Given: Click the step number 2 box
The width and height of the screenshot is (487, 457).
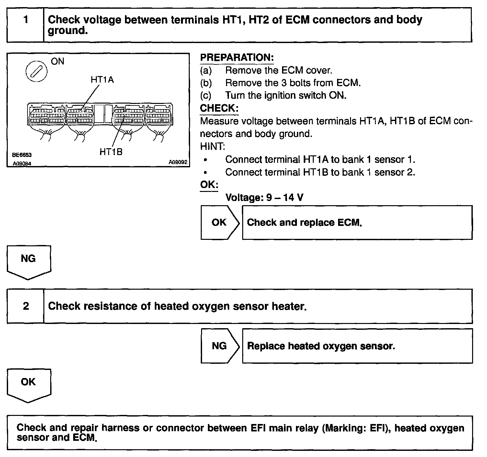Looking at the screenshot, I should click(26, 306).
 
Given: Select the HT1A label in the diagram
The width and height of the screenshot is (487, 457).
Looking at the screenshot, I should click(102, 80).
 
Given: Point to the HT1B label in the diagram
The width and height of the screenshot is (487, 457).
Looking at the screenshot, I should click(111, 152).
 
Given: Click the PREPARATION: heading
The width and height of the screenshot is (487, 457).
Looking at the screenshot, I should click(237, 58).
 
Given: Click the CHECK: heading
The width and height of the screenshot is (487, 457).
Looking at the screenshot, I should click(219, 108).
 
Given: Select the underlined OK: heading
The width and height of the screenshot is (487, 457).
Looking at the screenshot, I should click(209, 185).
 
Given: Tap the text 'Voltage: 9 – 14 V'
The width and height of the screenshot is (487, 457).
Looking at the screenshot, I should click(264, 197).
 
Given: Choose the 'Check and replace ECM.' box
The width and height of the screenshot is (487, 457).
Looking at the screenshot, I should click(357, 222).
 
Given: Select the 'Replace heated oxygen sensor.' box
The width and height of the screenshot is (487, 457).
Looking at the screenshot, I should click(357, 346).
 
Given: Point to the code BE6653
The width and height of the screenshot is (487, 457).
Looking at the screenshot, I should click(22, 155).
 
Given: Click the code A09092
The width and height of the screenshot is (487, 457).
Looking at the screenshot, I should click(178, 162).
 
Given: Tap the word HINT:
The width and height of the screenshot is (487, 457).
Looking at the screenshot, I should click(212, 147).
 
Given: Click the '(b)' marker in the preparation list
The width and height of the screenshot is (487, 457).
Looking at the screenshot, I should click(206, 83).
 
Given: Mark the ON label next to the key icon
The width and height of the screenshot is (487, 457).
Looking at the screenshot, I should click(58, 61).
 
